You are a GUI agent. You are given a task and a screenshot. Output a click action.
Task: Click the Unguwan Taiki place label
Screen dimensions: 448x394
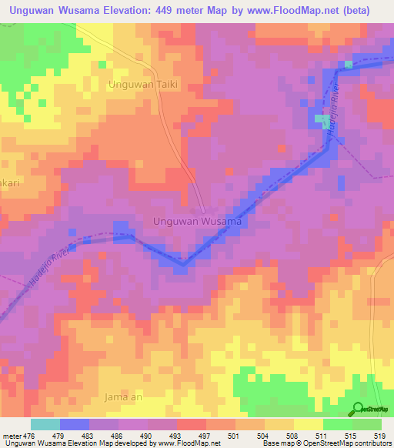tap(145, 85)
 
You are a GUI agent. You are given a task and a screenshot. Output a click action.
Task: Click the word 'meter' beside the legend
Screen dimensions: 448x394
tap(12, 436)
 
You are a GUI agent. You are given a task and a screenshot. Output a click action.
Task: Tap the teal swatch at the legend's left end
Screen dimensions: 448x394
tap(45, 424)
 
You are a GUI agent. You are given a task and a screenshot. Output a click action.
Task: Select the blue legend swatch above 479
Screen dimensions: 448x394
tap(75, 424)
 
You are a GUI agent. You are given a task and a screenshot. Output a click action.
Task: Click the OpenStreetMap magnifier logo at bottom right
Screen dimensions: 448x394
tap(359, 409)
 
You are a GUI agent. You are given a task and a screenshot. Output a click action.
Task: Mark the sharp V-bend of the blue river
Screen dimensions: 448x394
tap(182, 265)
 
